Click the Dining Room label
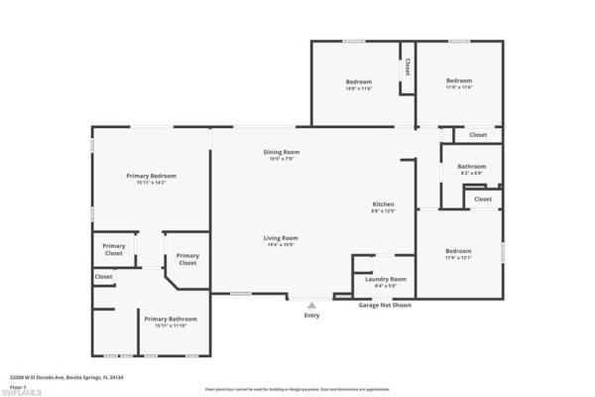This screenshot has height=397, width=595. click(x=281, y=152)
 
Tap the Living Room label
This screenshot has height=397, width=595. click(x=281, y=238)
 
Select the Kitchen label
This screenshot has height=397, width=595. click(x=383, y=203)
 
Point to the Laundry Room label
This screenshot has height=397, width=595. click(x=384, y=280)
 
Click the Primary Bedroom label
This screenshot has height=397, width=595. click(x=151, y=176)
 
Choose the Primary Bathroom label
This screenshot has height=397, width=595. click(x=171, y=319)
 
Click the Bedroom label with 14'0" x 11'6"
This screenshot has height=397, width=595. click(x=359, y=81)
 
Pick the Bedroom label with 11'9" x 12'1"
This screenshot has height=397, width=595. click(x=458, y=251)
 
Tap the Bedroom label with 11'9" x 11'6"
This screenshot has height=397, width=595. click(x=458, y=81)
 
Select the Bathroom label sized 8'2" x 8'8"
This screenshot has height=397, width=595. click(x=472, y=167)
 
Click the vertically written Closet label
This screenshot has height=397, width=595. click(x=407, y=67)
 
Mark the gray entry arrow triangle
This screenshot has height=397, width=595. click(x=311, y=306)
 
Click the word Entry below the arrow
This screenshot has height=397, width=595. click(x=311, y=317)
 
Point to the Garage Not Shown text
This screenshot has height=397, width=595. click(x=385, y=306)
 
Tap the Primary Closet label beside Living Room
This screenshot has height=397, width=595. click(x=187, y=259)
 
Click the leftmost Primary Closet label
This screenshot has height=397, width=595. click(x=114, y=249)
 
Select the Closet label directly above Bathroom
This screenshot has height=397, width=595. click(x=478, y=135)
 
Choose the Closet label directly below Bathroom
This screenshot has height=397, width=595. click(x=482, y=198)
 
